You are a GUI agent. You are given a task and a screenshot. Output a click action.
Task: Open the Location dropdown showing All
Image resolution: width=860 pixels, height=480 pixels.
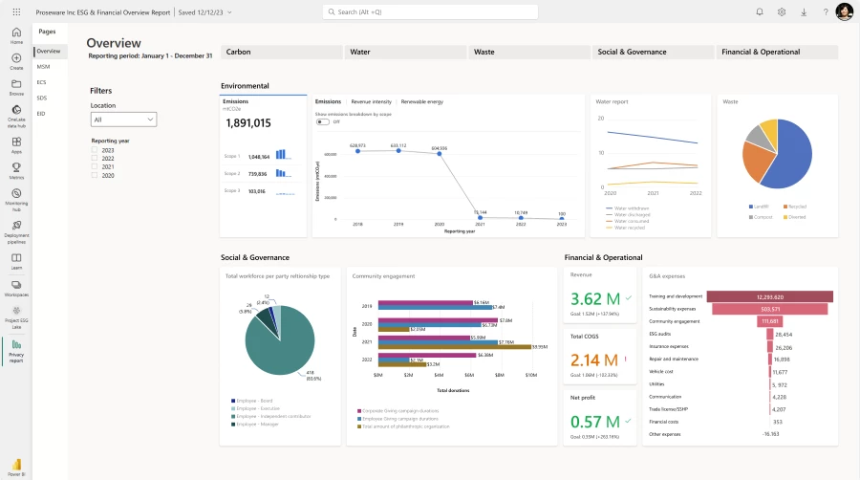tap(123, 120)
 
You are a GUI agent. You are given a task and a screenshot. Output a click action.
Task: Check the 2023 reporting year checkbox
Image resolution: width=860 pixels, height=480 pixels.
tap(94, 150)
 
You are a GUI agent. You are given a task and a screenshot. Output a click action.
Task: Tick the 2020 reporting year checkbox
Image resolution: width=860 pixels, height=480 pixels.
tap(94, 176)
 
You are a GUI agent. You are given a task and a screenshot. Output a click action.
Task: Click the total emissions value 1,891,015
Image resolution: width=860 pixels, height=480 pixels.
tap(247, 123)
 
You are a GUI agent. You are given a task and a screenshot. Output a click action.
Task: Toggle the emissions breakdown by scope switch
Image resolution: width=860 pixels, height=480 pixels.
tap(323, 121)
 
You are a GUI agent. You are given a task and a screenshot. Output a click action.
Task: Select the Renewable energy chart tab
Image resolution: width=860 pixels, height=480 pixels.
tap(421, 101)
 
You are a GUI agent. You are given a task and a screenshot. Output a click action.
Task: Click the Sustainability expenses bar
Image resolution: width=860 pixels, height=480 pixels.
tap(770, 309)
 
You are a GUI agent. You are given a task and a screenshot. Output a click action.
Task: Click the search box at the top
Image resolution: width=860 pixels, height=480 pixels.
tap(430, 11)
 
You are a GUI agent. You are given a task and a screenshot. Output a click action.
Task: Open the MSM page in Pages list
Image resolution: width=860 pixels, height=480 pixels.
tap(44, 67)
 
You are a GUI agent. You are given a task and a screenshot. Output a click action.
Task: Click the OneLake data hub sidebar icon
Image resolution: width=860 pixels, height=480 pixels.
tap(16, 114)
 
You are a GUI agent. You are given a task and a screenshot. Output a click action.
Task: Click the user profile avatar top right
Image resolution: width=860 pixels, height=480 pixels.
tap(844, 11)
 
